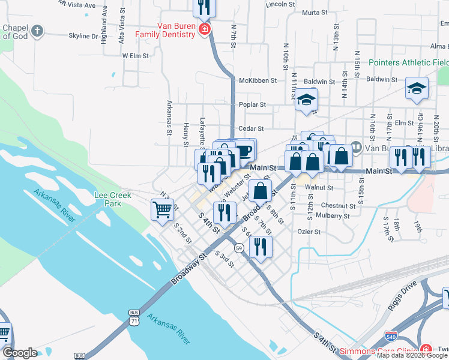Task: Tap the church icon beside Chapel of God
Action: point(38,31)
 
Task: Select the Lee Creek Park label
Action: point(108,199)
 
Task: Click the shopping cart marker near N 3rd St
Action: point(162,211)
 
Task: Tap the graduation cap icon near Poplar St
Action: point(306,100)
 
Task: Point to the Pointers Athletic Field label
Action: point(408,62)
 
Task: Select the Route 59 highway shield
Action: point(239,248)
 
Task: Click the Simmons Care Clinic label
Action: point(378,351)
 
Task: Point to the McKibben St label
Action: point(258,80)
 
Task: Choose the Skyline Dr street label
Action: point(83,36)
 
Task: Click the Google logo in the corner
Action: point(19,353)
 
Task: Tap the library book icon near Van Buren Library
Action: point(355,146)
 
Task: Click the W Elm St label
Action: point(134,55)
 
